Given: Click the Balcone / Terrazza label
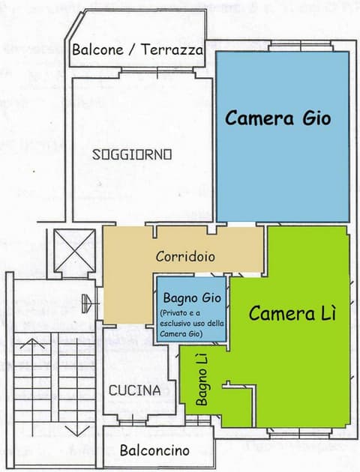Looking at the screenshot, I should tap(137, 51).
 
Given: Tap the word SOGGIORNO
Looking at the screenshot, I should tap(132, 155).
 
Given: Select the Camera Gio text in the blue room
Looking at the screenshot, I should tap(277, 118).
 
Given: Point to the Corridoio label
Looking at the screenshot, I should tap(185, 255).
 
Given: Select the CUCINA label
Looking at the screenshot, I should tap(134, 390).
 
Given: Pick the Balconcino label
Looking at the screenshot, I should tap(154, 450).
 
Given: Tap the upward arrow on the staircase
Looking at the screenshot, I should tap(33, 346).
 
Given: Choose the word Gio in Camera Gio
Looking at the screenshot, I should tap(313, 118).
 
